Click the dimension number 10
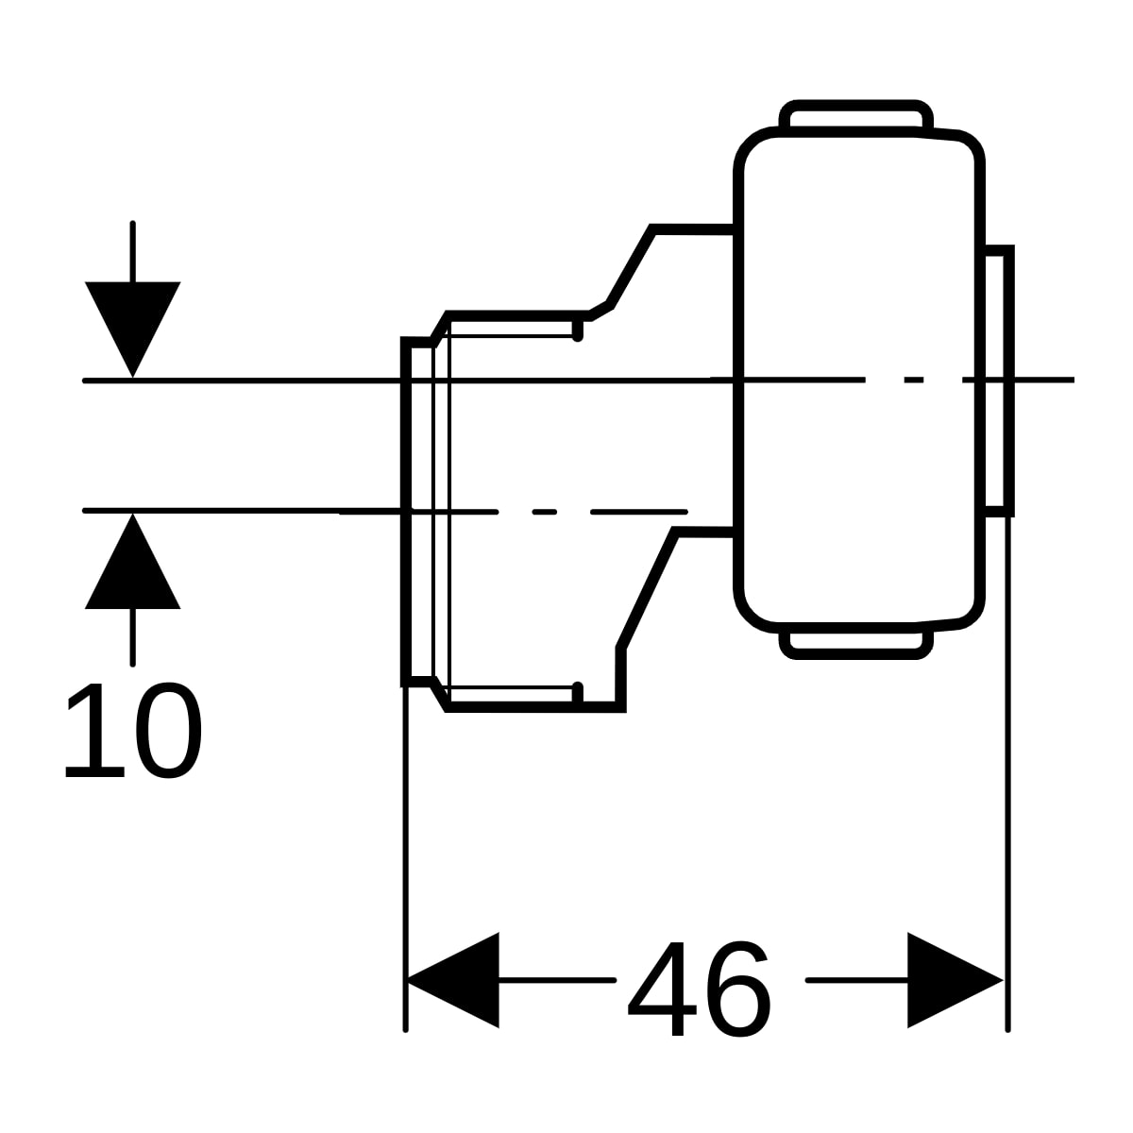click(x=133, y=730)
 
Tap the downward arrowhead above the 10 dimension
click(x=133, y=329)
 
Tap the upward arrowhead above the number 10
click(x=133, y=562)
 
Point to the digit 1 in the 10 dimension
click(x=96, y=730)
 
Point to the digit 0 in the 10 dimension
click(x=169, y=730)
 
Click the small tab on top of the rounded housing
click(x=856, y=116)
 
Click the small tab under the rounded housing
click(x=856, y=644)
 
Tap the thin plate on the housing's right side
click(x=999, y=380)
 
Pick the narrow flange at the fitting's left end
click(x=418, y=512)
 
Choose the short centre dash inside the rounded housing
click(x=913, y=380)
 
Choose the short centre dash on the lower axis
click(x=545, y=512)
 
